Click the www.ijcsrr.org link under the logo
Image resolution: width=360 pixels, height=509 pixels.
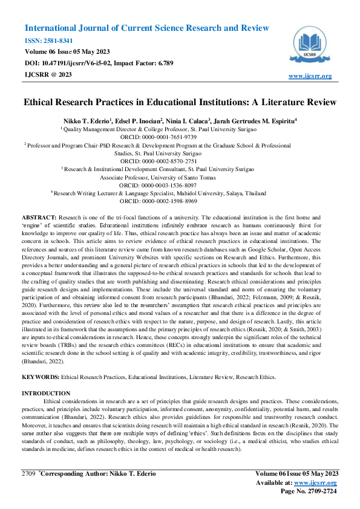(x=310, y=76)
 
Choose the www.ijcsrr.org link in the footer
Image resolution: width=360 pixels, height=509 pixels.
(x=316, y=483)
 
